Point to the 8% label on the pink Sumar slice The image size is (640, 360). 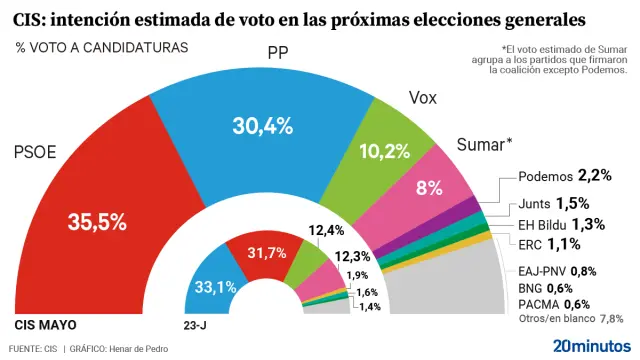pyautogui.click(x=430, y=188)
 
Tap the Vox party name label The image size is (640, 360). pyautogui.click(x=423, y=98)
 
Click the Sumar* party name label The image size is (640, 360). pyautogui.click(x=484, y=143)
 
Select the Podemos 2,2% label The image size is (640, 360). pyautogui.click(x=565, y=176)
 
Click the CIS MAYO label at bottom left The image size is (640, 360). pyautogui.click(x=45, y=325)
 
